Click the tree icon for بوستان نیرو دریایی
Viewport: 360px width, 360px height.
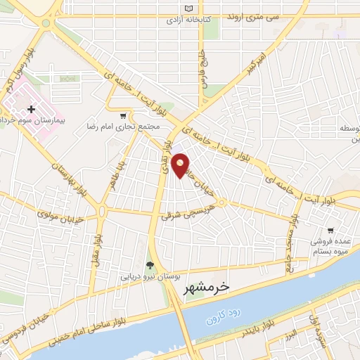149,265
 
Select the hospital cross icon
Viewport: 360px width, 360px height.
31,110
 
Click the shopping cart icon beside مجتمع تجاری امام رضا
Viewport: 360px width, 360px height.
124,116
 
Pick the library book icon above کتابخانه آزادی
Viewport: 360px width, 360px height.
187,9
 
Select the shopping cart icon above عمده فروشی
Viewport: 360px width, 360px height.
330,230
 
